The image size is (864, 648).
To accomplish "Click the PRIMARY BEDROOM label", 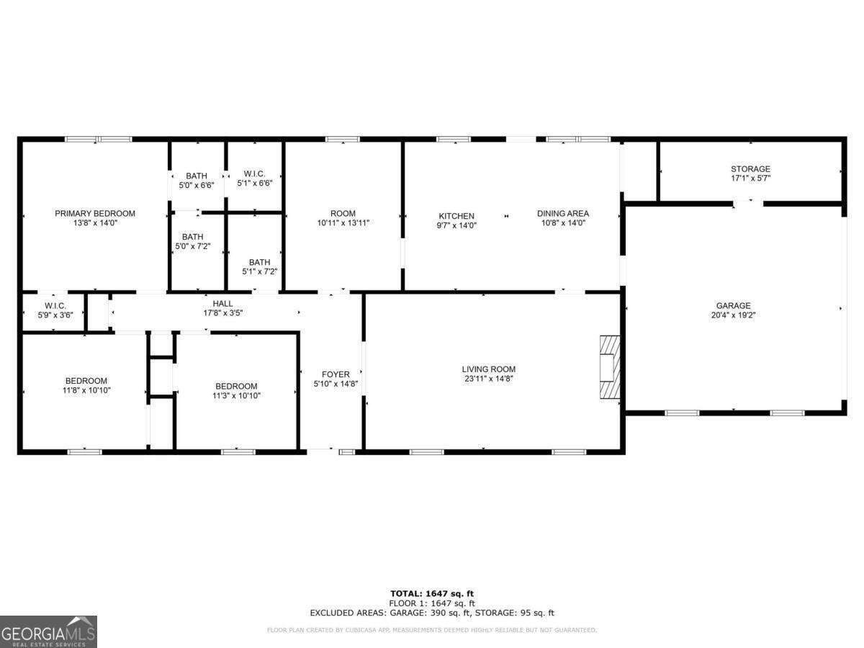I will pos(95,213).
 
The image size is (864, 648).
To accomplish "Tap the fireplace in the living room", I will pos(609,367).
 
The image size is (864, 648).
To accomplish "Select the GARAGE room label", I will pos(733,305).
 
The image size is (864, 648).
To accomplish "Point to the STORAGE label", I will pos(750,169).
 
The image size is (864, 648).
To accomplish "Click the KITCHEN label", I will pos(457,216).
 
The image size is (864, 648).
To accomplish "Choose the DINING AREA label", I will pos(562,213).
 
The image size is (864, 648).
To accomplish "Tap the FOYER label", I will pos(336,374).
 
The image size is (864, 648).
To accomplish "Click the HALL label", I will pos(222,304).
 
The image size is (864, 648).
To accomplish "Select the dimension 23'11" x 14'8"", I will pos(488,379).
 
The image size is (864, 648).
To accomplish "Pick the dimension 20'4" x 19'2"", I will pos(733,315).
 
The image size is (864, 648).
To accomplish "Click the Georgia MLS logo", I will pos(48,631).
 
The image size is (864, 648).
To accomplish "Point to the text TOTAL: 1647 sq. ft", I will pos(432,593).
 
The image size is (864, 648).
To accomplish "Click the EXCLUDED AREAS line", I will pos(432,613).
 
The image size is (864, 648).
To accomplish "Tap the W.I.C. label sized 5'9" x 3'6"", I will pos(55,305).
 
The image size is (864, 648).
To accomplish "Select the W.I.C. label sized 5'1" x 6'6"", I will pos(254,174).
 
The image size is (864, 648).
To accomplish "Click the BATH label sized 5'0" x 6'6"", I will pos(196,176).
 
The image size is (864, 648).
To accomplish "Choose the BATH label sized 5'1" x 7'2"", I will pos(259,262).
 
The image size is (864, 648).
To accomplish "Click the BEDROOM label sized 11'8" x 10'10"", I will pos(86,381).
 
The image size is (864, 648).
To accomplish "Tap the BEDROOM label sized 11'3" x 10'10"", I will pos(235,386).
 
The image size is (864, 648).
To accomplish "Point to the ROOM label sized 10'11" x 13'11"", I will pos(343,213).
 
